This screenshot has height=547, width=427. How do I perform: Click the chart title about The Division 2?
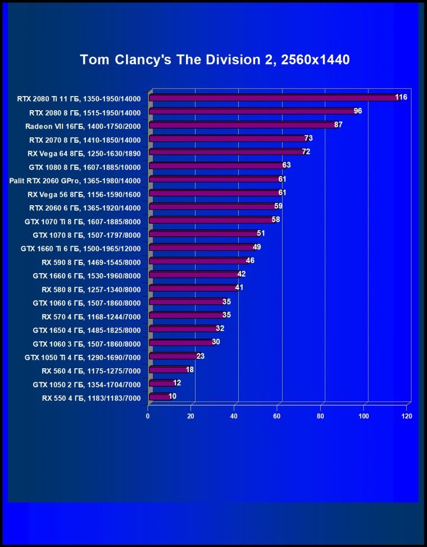[215, 60]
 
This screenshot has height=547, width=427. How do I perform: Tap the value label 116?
[401, 97]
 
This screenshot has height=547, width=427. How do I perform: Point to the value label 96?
[358, 111]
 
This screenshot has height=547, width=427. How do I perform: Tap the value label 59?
[278, 206]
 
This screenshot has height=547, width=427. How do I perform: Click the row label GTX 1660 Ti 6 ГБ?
[80, 248]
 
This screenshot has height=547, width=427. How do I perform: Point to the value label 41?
[239, 287]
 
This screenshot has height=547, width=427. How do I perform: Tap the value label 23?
[201, 355]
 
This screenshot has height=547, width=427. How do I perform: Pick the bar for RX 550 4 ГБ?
[160, 397]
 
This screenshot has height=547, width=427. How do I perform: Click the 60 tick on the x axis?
[277, 417]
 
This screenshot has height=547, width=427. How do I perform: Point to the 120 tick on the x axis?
[407, 417]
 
